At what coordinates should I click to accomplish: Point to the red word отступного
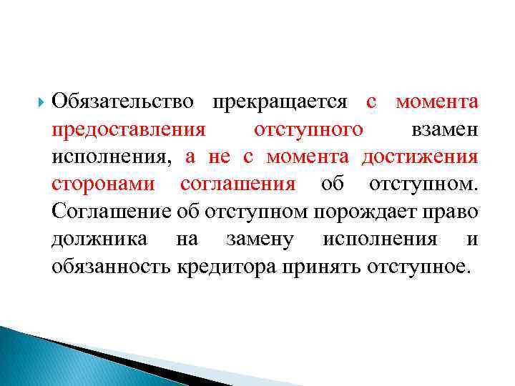click(308, 130)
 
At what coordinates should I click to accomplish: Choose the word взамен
click(444, 130)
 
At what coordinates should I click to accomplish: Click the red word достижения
click(420, 157)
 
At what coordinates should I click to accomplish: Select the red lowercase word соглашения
click(237, 184)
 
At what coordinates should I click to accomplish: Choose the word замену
click(258, 238)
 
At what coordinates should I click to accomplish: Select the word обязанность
click(111, 266)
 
